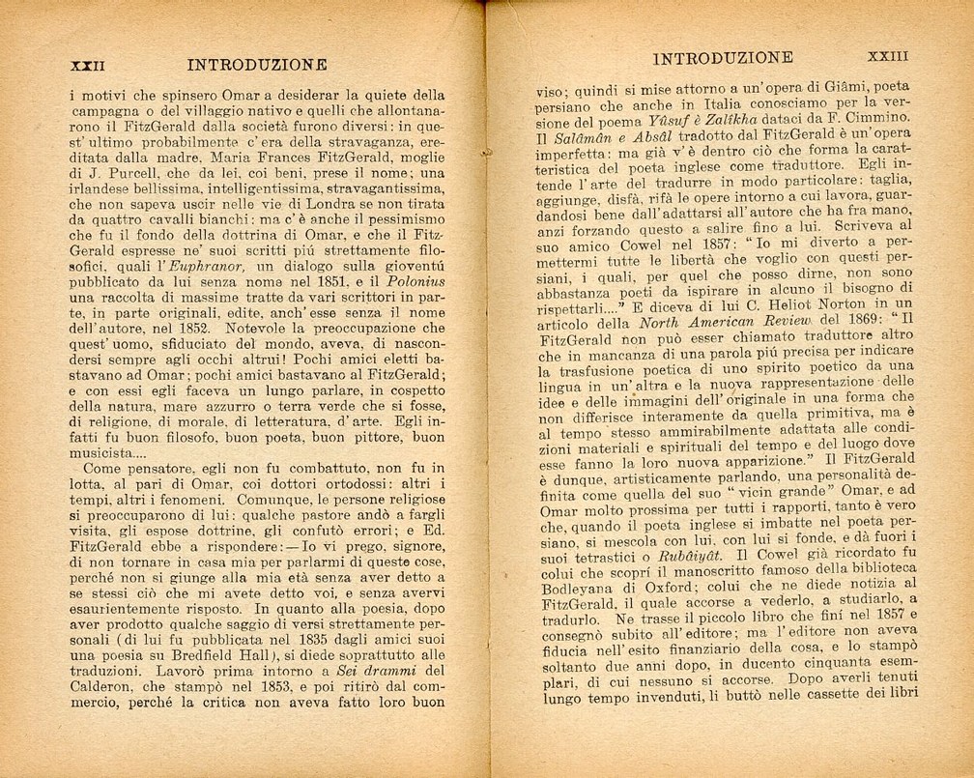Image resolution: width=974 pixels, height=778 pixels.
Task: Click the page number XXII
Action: pos(87,66)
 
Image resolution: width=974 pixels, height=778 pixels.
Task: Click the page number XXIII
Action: pos(888,57)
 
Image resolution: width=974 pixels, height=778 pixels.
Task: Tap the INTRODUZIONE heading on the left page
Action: pos(256,66)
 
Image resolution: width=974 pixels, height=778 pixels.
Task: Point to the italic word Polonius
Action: pos(415,266)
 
